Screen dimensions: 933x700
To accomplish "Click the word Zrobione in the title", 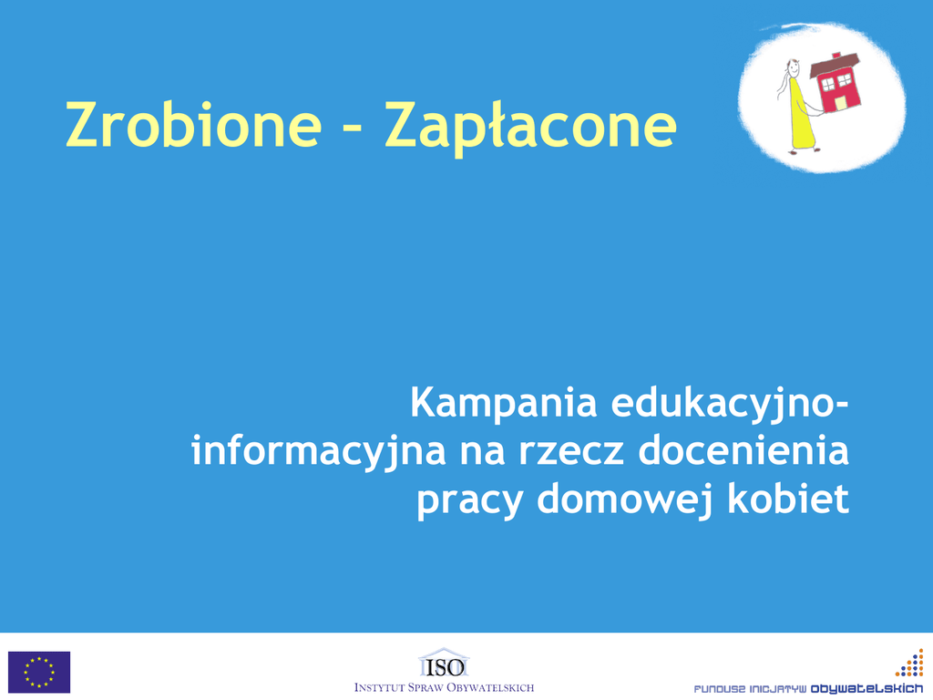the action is tap(194, 124).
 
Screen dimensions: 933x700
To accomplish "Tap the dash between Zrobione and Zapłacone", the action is tap(354, 128).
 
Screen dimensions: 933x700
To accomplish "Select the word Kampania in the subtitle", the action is tap(503, 404).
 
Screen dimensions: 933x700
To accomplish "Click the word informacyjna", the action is tap(318, 452).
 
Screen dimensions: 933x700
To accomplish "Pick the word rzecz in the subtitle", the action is tap(572, 452).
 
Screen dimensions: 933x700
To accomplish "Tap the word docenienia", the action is tap(743, 450).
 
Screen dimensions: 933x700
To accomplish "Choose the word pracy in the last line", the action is tap(470, 502).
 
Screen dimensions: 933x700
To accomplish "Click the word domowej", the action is tap(625, 500).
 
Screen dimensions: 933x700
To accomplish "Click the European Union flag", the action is tap(39, 672).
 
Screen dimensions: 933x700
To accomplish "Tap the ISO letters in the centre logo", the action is tap(445, 667).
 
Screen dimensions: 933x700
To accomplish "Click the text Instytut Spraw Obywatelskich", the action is tap(444, 688).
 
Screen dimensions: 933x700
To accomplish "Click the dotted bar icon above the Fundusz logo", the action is tap(910, 664).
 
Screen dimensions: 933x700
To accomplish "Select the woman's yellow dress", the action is tap(801, 115).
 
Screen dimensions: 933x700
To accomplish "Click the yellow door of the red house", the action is tap(840, 104).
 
